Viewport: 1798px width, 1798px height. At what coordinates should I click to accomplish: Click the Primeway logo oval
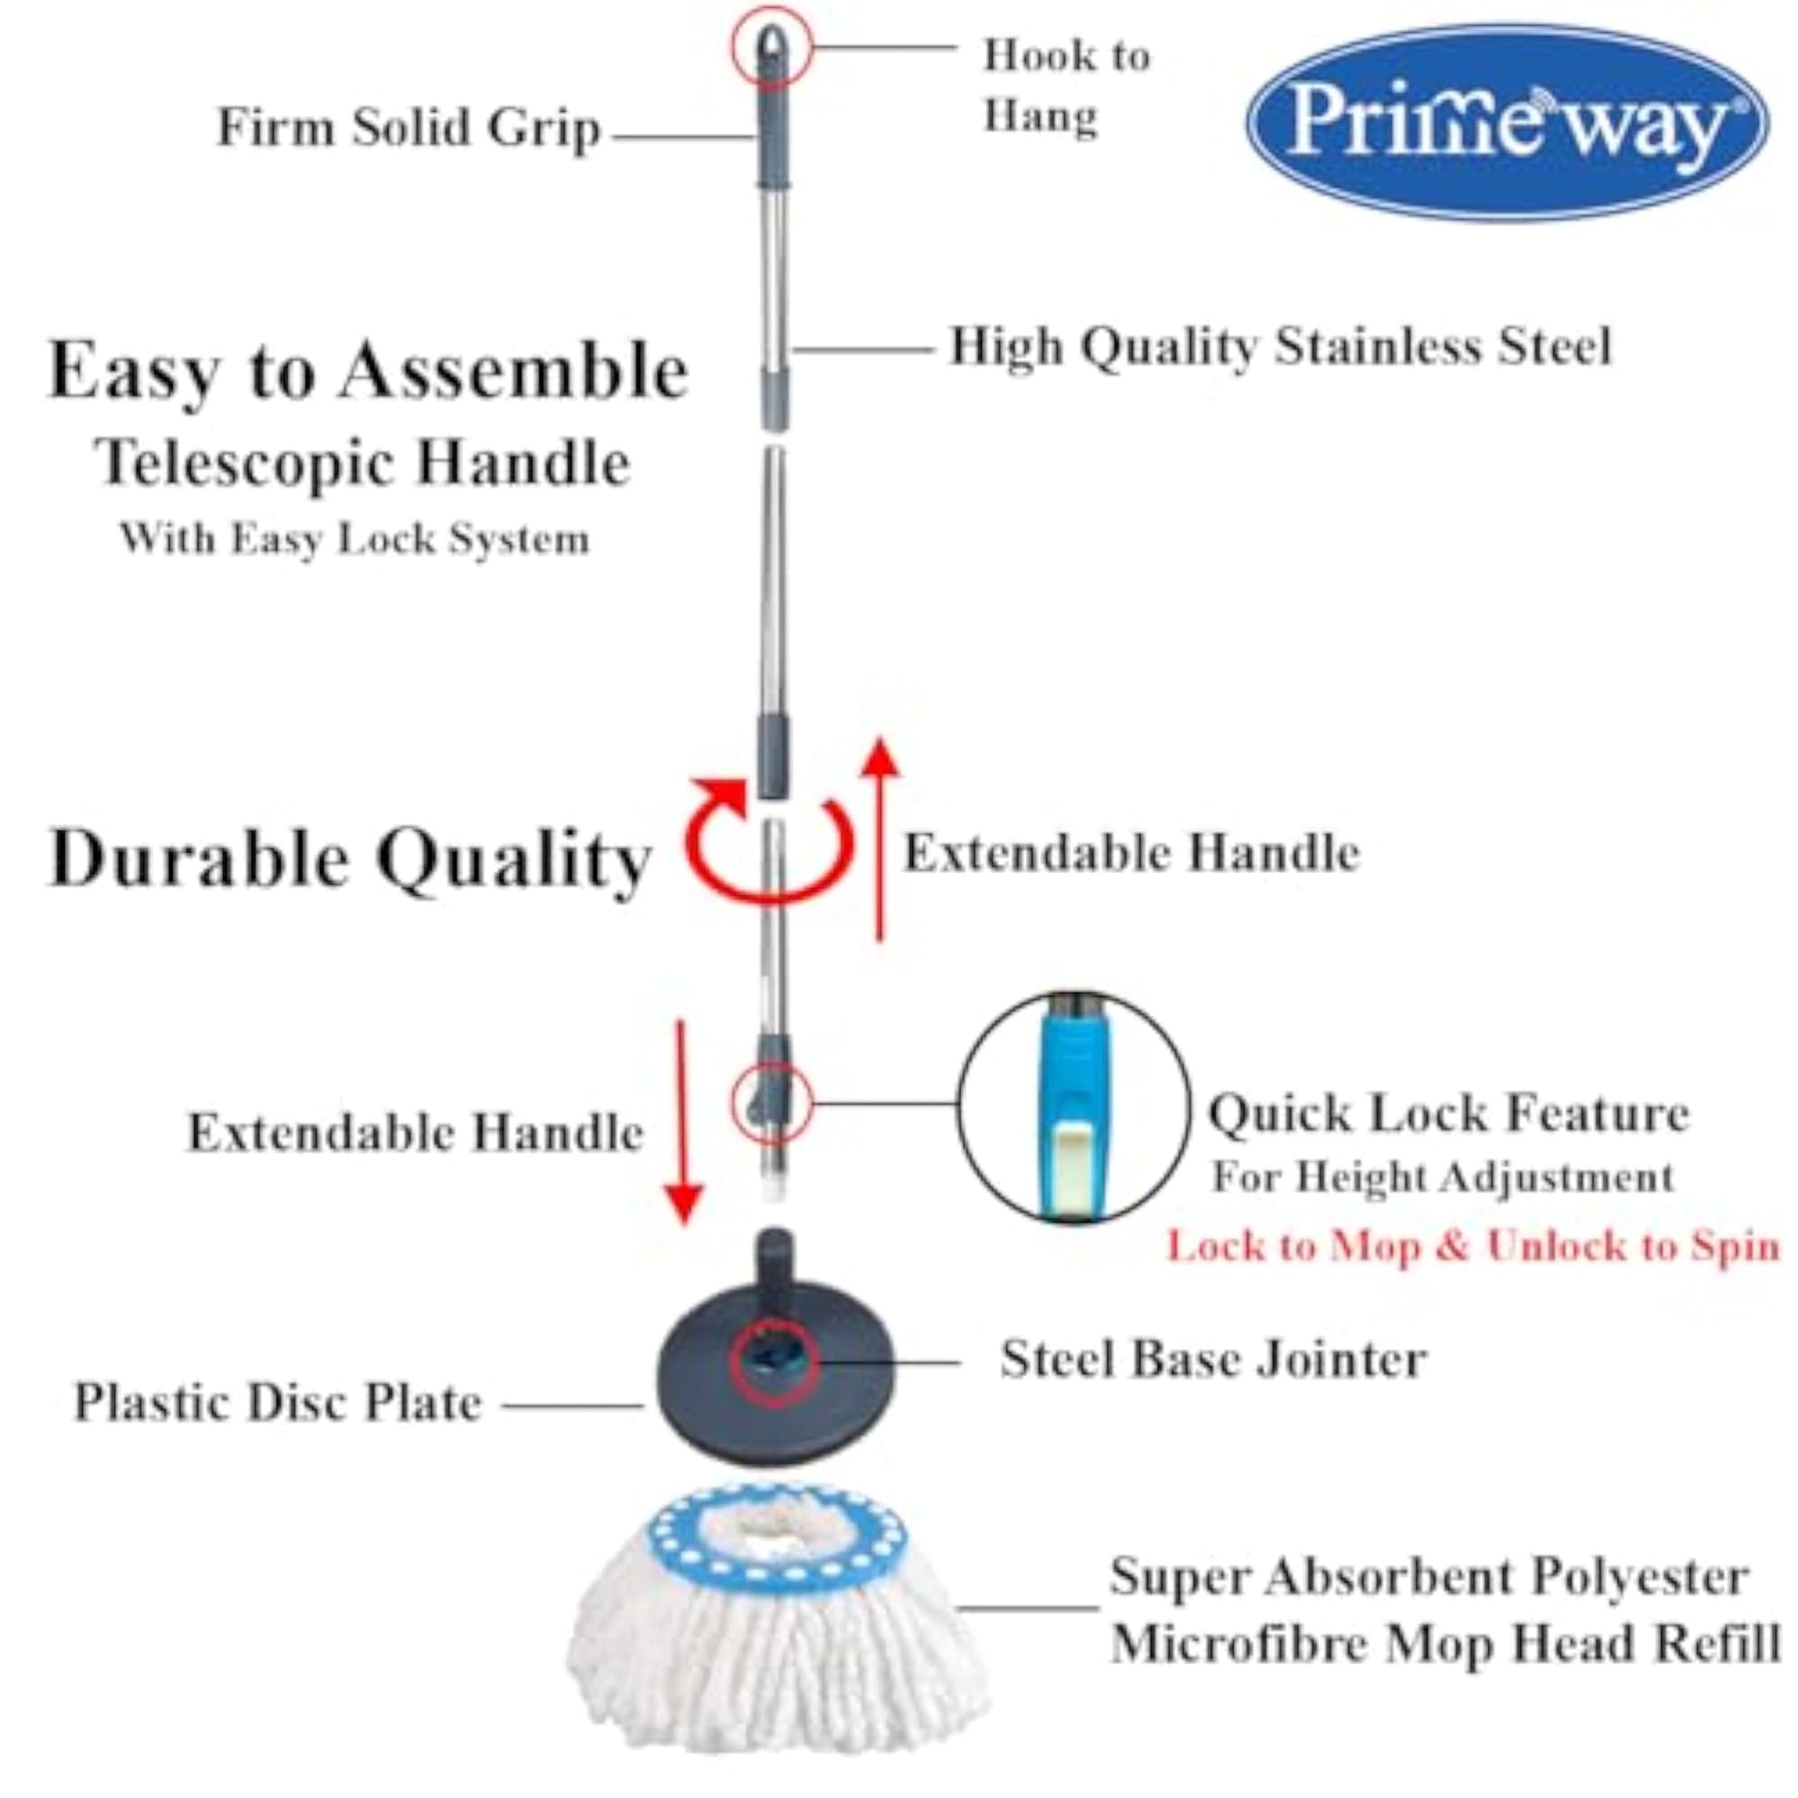[x=1505, y=122]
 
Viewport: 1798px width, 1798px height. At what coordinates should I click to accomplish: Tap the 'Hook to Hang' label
[x=1067, y=86]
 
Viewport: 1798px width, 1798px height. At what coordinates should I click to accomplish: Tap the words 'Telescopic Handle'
[x=363, y=464]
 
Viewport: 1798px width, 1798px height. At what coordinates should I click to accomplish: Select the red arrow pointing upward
[x=879, y=839]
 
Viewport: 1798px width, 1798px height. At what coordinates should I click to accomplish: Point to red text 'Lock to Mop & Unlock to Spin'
[x=1473, y=1246]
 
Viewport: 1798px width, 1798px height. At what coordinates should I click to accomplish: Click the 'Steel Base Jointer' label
[x=1214, y=1359]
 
